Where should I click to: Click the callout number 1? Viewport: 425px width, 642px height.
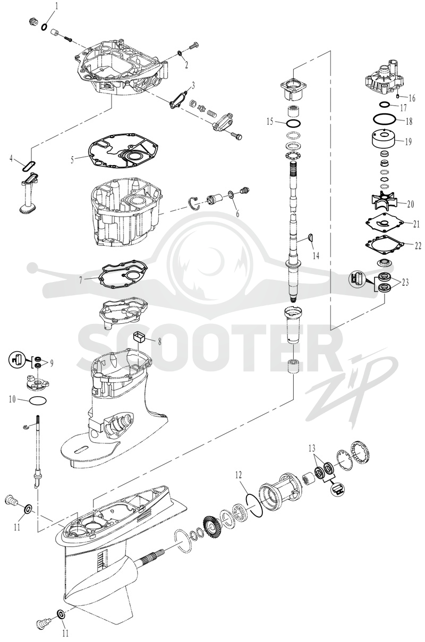[x=56, y=6]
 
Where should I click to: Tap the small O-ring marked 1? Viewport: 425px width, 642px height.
[x=45, y=27]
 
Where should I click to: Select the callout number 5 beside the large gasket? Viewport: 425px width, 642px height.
[x=72, y=160]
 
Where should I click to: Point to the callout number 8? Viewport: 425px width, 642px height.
[x=160, y=341]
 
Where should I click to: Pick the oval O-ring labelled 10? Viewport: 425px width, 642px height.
[x=38, y=400]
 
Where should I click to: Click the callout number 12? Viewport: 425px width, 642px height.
[x=239, y=475]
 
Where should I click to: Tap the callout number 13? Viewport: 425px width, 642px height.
[x=312, y=448]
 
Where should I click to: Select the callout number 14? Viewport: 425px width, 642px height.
[x=316, y=255]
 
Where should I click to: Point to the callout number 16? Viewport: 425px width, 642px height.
[x=412, y=98]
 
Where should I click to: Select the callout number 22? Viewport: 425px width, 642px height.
[x=418, y=246]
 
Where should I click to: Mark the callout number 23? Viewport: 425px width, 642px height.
[x=405, y=283]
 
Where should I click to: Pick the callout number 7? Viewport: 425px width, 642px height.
[x=81, y=280]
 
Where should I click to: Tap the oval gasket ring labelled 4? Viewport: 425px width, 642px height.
[x=29, y=167]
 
